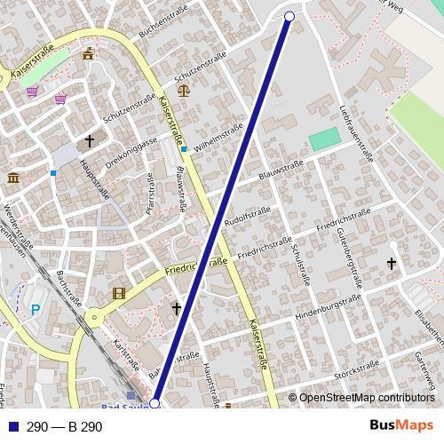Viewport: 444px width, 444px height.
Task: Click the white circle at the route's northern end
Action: (x=289, y=16)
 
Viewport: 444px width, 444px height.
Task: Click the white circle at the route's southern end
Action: (x=155, y=403)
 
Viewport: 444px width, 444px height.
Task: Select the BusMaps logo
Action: (x=401, y=426)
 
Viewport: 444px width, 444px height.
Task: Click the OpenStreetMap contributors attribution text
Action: (x=366, y=398)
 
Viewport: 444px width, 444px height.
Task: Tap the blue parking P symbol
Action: (x=36, y=309)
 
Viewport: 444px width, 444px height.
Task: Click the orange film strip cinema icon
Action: (x=119, y=293)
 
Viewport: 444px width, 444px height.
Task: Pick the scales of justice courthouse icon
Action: (x=184, y=89)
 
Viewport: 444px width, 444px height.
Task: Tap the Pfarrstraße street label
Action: (x=150, y=201)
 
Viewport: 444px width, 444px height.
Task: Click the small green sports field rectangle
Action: (x=325, y=139)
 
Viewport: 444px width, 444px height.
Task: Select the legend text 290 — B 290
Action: (x=64, y=427)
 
